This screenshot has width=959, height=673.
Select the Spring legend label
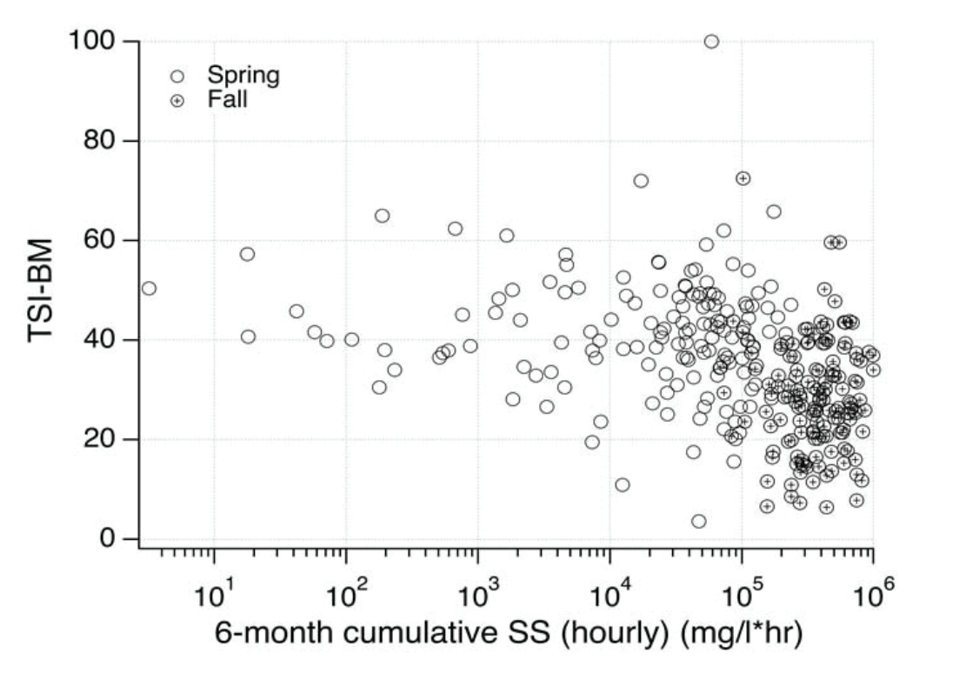[x=243, y=76]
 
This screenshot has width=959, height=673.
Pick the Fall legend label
[x=228, y=99]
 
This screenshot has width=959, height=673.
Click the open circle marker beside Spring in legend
[x=177, y=77]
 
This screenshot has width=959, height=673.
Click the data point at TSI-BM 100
[x=711, y=42]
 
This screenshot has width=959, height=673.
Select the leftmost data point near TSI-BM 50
[x=149, y=288]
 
